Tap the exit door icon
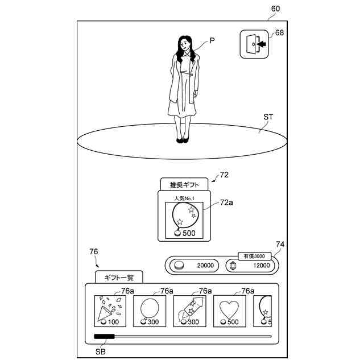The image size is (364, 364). pyautogui.click(x=254, y=44)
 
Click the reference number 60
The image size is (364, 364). pyautogui.click(x=275, y=9)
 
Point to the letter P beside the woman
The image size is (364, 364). pyautogui.click(x=212, y=40)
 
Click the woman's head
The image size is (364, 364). pyautogui.click(x=185, y=43)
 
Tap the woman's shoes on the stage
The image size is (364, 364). pyautogui.click(x=182, y=139)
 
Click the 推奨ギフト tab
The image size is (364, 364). pyautogui.click(x=184, y=184)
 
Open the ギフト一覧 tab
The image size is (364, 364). pyautogui.click(x=118, y=277)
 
